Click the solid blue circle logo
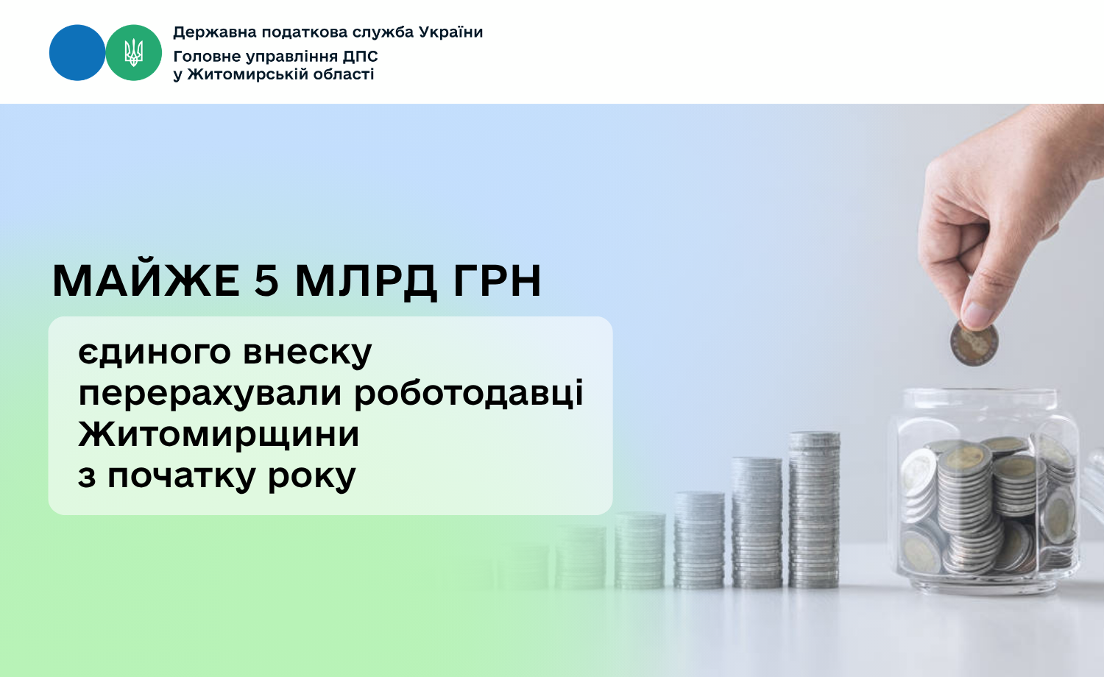coord(77,53)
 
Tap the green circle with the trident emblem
coord(133,53)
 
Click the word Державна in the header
coord(215,33)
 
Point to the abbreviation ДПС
coord(361,56)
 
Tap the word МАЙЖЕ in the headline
coord(146,281)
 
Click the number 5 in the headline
coord(266,281)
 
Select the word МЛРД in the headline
coord(366,282)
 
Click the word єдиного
coord(155,352)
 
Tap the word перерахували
coord(210,394)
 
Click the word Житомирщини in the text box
coord(219,435)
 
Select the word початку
coord(182,477)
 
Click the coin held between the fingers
coord(974,344)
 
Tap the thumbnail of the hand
coord(978,313)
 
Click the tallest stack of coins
coord(814,509)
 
